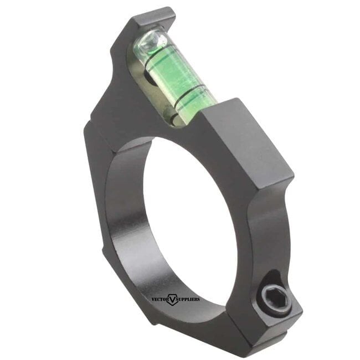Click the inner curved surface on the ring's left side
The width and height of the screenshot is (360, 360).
(119, 222)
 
